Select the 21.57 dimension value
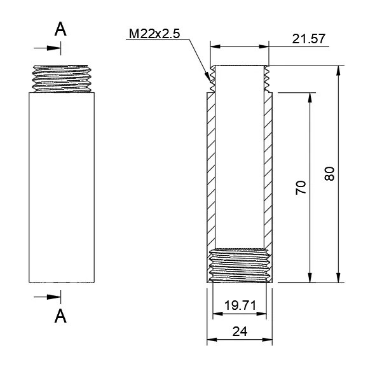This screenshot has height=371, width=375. point(309,39)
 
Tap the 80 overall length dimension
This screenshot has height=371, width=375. point(329,174)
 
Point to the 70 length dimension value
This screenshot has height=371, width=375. point(301,187)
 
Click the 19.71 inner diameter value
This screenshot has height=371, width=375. point(240,306)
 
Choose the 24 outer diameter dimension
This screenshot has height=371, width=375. point(240,332)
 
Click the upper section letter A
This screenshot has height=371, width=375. point(61,29)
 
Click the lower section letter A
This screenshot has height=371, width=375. point(61,315)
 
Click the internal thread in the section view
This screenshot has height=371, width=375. point(240,265)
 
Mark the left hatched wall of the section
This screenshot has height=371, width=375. point(210,172)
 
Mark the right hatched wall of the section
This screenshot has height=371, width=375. point(268,172)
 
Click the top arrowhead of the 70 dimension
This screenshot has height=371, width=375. point(310,97)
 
